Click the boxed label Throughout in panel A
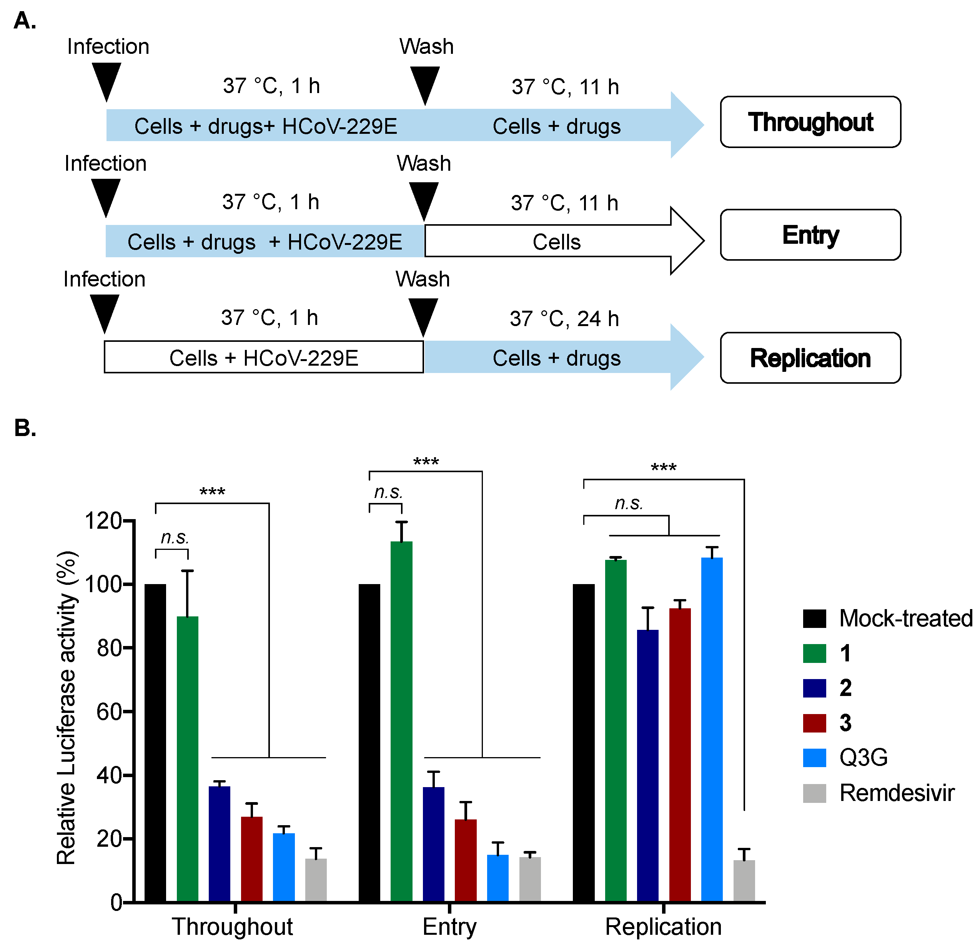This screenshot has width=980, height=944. click(810, 122)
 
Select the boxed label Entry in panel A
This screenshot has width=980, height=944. click(810, 235)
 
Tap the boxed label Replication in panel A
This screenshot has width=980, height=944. click(810, 358)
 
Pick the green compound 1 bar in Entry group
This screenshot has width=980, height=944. click(401, 720)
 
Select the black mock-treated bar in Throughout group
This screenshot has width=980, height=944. click(155, 743)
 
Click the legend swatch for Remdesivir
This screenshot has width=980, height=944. click(814, 793)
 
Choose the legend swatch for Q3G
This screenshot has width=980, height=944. click(814, 758)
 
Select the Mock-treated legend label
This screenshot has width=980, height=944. click(905, 618)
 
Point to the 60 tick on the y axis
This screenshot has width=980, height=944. click(109, 711)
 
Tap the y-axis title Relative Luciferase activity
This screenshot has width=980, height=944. click(67, 708)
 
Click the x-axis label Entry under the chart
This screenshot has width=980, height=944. click(449, 926)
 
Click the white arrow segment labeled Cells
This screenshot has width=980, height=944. click(556, 242)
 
